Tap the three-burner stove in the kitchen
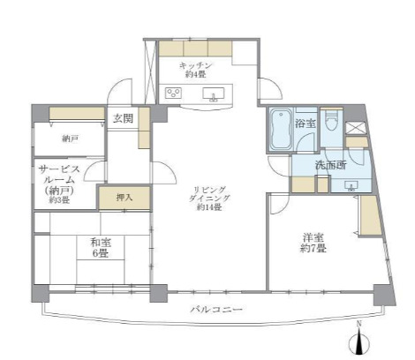click(172, 92)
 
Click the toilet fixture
click(331, 122)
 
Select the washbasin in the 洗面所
click(350, 184)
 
